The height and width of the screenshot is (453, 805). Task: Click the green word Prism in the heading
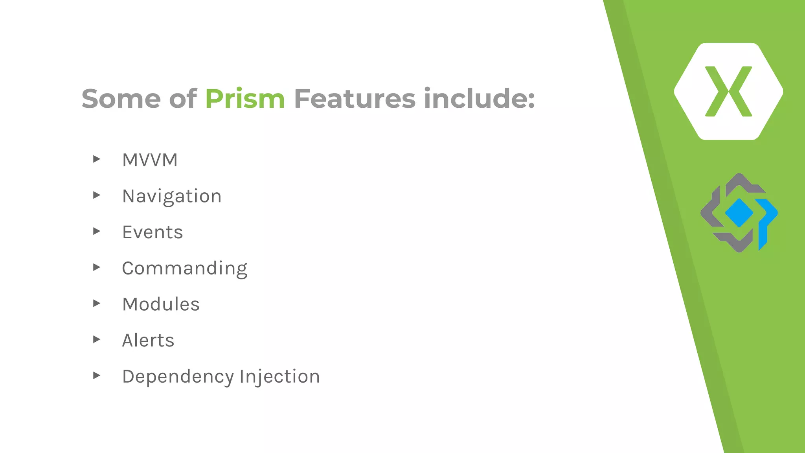pos(244,99)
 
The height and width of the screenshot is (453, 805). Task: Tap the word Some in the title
pos(121,99)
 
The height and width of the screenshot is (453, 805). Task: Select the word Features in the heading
pos(355,99)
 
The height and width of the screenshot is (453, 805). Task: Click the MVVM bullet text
pos(150,160)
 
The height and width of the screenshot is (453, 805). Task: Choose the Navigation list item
pos(172,196)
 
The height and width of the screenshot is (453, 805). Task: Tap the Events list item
pos(153,232)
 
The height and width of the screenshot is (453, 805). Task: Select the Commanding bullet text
pos(184,269)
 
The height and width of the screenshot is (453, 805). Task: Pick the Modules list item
pos(161,304)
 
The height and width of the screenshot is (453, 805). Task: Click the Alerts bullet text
pos(148,341)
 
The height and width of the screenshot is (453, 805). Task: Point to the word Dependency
pos(178,377)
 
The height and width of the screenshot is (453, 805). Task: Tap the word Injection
pos(280,377)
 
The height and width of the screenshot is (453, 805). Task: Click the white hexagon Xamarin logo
pos(728,91)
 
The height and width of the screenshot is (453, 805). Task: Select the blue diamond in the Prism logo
pos(739,213)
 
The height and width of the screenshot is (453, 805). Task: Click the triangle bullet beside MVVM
pos(97,159)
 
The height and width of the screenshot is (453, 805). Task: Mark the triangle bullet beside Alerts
pos(97,339)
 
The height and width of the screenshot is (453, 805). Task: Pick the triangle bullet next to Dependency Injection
pos(97,375)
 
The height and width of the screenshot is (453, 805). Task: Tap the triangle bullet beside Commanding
pos(97,267)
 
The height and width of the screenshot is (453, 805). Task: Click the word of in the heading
pos(183,99)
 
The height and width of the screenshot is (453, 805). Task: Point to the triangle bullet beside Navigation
pos(97,195)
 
